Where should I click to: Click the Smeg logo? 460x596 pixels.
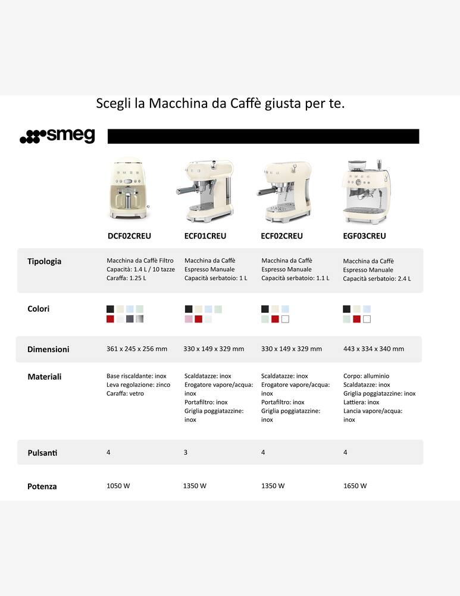(x=57, y=136)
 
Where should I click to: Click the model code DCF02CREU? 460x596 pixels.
(x=129, y=236)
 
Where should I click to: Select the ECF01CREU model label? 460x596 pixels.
(x=205, y=236)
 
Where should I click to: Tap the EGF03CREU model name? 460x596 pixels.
(x=365, y=236)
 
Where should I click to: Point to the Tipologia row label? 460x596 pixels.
(x=44, y=261)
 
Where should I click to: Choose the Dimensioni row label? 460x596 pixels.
(x=48, y=349)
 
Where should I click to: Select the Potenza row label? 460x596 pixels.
(x=42, y=486)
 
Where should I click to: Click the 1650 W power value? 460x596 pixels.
(x=355, y=486)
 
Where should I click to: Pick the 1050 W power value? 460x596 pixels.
(x=118, y=486)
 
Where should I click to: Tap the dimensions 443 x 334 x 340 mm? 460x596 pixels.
(x=374, y=349)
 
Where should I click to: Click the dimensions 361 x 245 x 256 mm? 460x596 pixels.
(x=137, y=349)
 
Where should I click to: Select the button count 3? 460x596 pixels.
(x=186, y=453)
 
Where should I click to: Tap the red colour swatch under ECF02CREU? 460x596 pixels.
(x=275, y=319)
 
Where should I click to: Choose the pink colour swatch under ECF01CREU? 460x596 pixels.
(x=189, y=319)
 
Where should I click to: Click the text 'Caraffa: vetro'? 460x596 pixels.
(x=125, y=394)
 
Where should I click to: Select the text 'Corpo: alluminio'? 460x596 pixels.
(x=366, y=377)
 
